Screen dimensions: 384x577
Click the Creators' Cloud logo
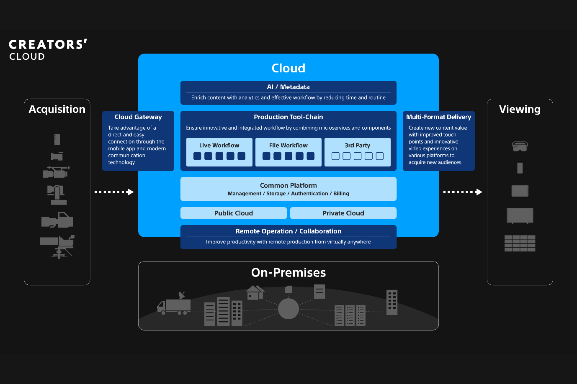(x=48, y=50)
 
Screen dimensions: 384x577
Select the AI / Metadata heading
(x=288, y=87)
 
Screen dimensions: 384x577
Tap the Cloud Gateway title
(x=138, y=117)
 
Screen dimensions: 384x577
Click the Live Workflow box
(x=219, y=152)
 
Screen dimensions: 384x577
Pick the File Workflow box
(x=288, y=152)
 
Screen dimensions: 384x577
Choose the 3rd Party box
(x=357, y=152)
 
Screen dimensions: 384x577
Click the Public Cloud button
(x=233, y=213)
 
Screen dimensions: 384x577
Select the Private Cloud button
(x=343, y=213)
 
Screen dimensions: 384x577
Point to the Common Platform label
(x=288, y=185)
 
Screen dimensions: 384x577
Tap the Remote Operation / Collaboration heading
(x=288, y=231)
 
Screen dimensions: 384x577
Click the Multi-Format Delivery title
(x=438, y=117)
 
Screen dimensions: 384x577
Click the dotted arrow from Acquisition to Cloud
(x=114, y=192)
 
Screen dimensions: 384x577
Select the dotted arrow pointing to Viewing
(x=463, y=192)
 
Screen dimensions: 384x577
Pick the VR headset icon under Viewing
(x=520, y=146)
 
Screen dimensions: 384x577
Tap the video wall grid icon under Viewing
(x=520, y=243)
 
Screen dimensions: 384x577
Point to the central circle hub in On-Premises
(x=288, y=309)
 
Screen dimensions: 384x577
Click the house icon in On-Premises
(x=255, y=292)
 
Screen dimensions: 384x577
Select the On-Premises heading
(x=288, y=273)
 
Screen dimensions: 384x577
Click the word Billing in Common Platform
(x=341, y=194)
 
